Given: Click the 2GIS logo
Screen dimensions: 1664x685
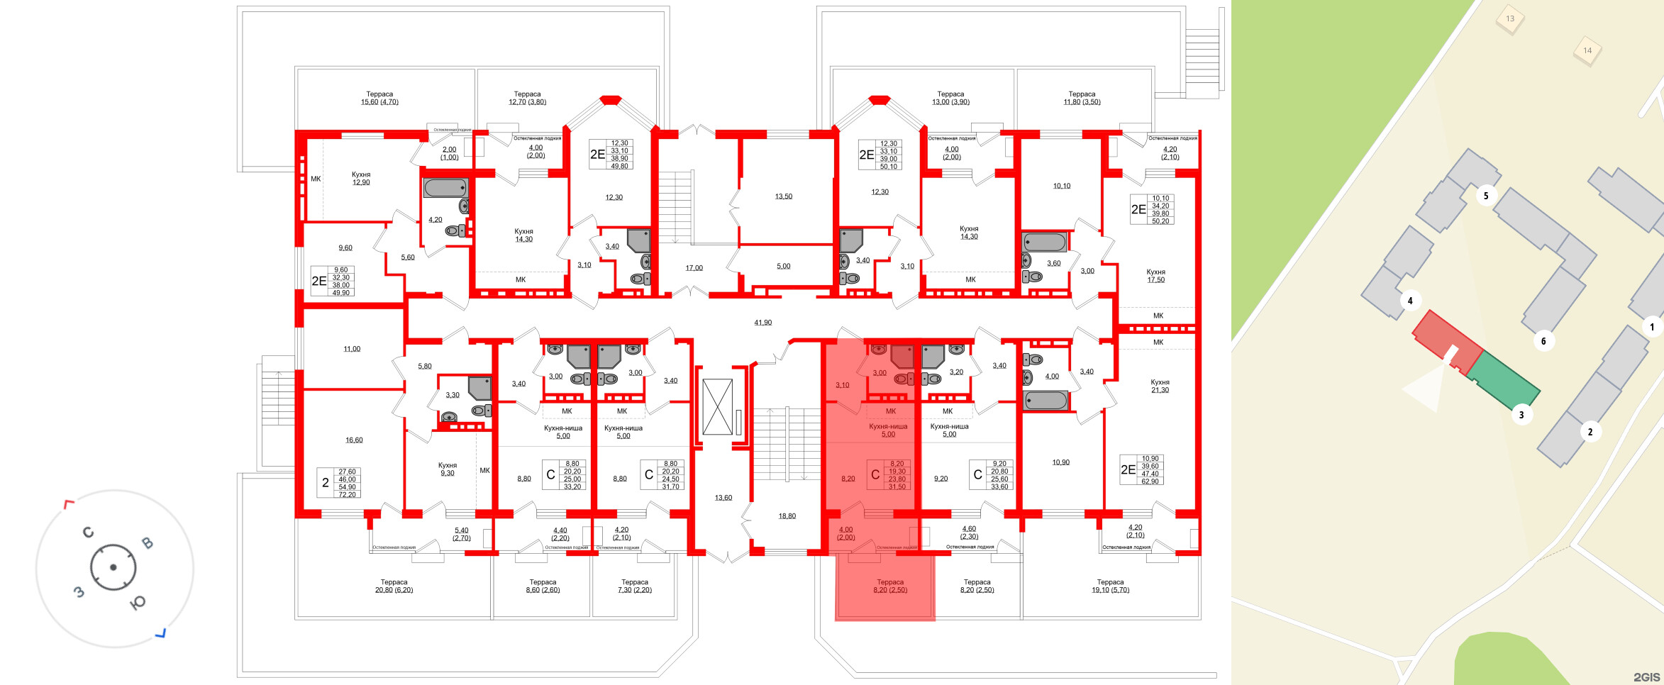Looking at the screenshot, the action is coord(1646,676).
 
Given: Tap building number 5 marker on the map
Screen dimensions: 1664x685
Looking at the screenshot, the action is coord(1486,196).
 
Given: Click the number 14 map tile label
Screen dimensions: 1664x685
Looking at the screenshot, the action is coord(1587,50).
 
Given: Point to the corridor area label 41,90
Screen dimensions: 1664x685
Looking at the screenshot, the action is coord(762,323).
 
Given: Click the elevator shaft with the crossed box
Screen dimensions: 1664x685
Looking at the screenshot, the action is coord(717,407).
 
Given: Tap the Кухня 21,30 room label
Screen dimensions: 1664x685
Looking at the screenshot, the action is coord(1160,386).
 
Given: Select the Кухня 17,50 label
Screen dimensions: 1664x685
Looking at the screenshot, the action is coord(1155,276).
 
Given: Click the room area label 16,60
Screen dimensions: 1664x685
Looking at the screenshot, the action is coord(354,440).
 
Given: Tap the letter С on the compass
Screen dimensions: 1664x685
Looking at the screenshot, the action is coord(88,532).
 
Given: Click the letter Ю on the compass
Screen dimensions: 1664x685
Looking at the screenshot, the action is coord(138,602).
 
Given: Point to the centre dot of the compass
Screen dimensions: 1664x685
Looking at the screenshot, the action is coord(113,567).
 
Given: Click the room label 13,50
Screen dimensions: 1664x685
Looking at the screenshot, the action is coord(783,196).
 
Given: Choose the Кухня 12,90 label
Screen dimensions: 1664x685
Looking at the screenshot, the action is coord(361,178).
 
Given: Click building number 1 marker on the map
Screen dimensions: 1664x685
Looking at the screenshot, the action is coord(1651,327).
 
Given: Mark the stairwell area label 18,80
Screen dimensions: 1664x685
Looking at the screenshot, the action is coord(787,516).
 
